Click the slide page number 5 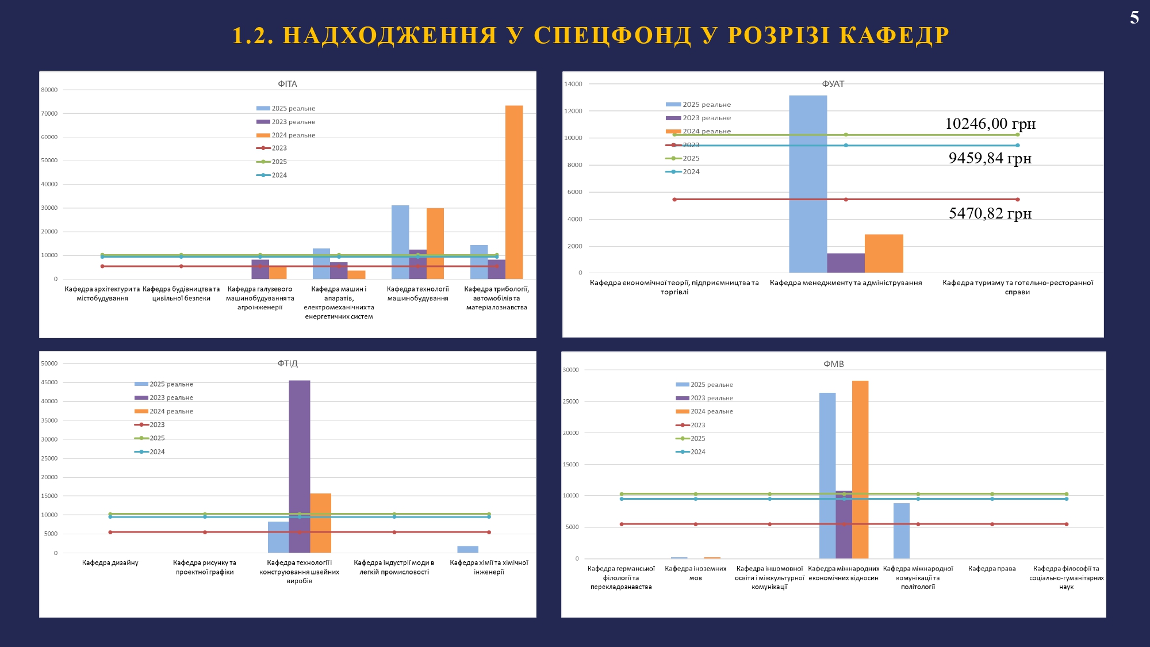coord(1134,17)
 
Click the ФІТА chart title coord(287,84)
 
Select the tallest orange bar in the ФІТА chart coord(514,192)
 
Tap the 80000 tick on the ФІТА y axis coord(49,90)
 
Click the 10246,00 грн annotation coord(990,124)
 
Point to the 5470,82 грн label coord(990,213)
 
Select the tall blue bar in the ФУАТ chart coord(808,184)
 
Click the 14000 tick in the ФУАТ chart coord(573,84)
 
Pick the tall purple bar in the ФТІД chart coord(300,466)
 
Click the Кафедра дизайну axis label coord(110,562)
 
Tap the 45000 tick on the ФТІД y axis coord(49,382)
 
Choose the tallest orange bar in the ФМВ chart coord(860,469)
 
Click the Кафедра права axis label coord(992,569)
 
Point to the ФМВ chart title coord(834,364)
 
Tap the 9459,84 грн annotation coord(990,158)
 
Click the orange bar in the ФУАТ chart coord(884,254)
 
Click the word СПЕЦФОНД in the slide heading coord(612,36)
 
